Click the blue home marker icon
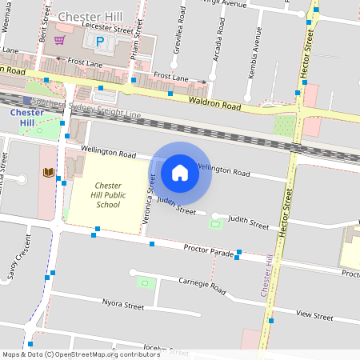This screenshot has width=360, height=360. point(180,172)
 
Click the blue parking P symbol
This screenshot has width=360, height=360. point(100,42)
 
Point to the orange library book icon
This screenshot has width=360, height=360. point(48,173)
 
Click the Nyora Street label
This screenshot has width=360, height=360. point(122,305)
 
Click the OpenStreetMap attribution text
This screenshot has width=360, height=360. point(80,354)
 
